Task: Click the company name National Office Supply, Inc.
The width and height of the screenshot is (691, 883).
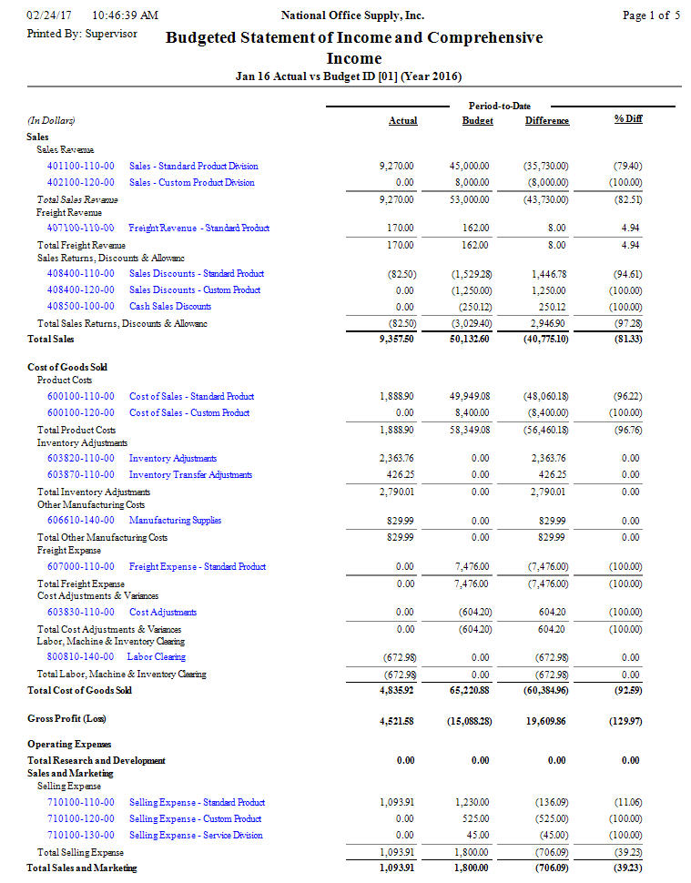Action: tap(352, 15)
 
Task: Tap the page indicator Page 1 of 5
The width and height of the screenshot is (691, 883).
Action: tap(651, 15)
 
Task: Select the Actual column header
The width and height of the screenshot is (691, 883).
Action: tap(402, 121)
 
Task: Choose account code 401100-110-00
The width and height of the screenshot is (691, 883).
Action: tap(81, 167)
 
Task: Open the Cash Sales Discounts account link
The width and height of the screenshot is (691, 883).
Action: tap(170, 307)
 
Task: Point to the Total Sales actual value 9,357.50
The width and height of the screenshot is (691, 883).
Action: tap(396, 340)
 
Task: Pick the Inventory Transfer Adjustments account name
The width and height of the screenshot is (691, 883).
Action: tap(190, 475)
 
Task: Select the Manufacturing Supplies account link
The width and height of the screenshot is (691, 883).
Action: tap(175, 521)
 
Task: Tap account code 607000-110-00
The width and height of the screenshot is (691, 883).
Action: tap(81, 567)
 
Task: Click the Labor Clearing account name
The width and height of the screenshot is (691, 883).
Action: tap(156, 657)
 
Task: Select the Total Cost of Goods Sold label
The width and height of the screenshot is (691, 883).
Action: tap(79, 690)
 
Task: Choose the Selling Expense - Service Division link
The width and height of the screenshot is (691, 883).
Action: tap(196, 836)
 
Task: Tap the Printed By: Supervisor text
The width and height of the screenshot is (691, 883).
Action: tap(82, 34)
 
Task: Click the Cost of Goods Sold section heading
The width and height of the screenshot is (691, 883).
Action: tap(67, 368)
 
